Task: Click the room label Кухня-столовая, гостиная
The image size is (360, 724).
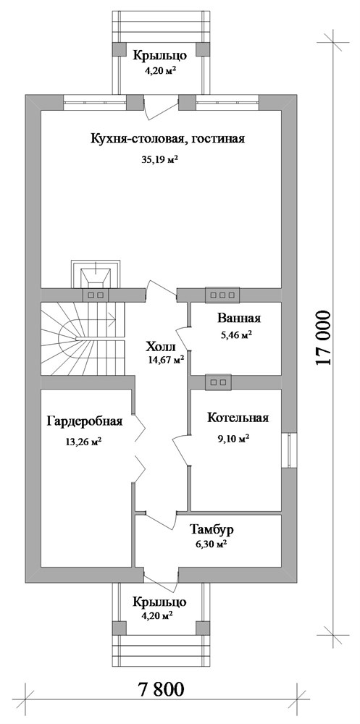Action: pyautogui.click(x=168, y=140)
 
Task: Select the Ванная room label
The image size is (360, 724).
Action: pyautogui.click(x=238, y=319)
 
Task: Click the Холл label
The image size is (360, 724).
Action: pyautogui.click(x=160, y=345)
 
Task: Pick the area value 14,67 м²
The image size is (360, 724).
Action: pyautogui.click(x=165, y=358)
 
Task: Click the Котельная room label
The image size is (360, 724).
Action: pyautogui.click(x=238, y=418)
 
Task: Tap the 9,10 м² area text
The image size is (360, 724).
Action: pyautogui.click(x=233, y=438)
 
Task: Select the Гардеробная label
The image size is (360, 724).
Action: pyautogui.click(x=85, y=421)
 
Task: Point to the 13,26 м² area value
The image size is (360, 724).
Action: pyautogui.click(x=83, y=443)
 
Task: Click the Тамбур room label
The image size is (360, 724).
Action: pyautogui.click(x=212, y=529)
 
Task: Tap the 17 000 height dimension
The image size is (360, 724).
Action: pyautogui.click(x=324, y=340)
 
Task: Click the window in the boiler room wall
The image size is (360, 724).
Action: pyautogui.click(x=290, y=449)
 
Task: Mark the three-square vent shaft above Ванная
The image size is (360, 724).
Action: pyautogui.click(x=222, y=295)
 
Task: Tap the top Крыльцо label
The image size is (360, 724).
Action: pyautogui.click(x=160, y=54)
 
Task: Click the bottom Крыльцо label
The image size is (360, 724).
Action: pyautogui.click(x=160, y=602)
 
